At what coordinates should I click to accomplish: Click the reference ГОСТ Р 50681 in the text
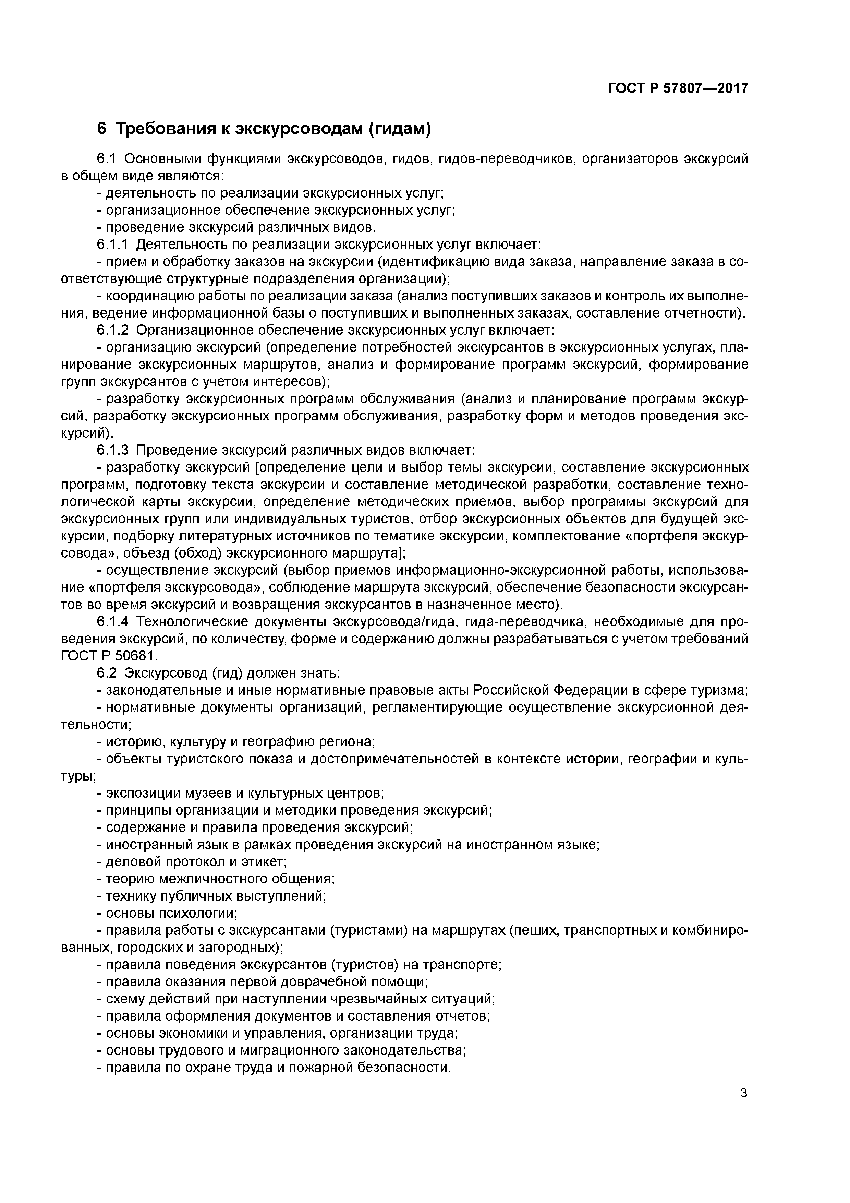click(109, 656)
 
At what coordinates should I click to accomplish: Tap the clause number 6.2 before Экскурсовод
click(107, 673)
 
